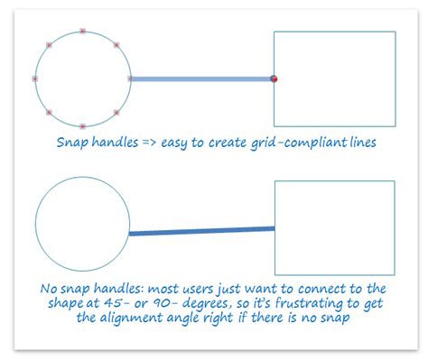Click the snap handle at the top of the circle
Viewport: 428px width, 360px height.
click(82, 32)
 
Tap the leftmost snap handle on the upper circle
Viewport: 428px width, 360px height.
click(35, 78)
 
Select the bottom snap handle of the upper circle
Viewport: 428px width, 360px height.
click(82, 125)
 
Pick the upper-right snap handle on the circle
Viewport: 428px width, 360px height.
click(116, 45)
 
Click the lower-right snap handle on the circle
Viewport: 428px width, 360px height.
click(116, 112)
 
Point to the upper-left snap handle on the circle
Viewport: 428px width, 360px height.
click(49, 45)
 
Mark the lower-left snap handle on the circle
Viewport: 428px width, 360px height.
click(49, 112)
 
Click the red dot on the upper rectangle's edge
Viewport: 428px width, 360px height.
click(274, 79)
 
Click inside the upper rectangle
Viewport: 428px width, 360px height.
click(334, 78)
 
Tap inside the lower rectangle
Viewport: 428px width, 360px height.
click(334, 227)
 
